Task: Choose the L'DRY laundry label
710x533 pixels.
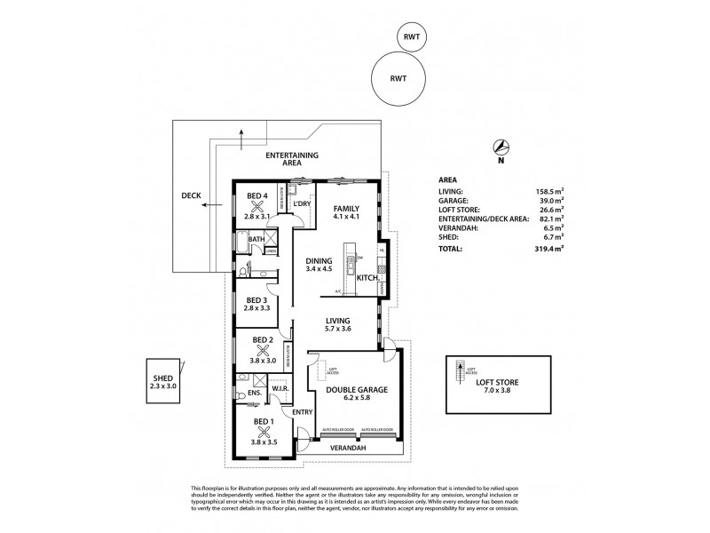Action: coord(301,204)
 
